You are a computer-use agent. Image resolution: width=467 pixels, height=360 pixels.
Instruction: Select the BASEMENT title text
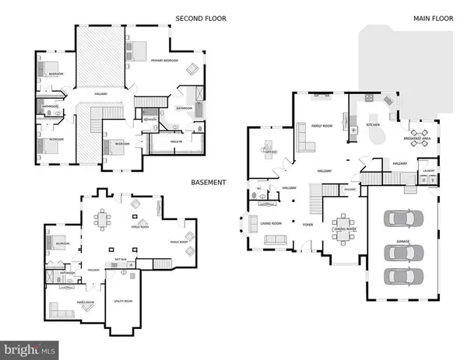[208, 183]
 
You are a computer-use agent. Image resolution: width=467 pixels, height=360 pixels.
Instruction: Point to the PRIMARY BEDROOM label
[164, 61]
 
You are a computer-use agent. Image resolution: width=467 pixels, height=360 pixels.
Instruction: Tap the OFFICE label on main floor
[269, 152]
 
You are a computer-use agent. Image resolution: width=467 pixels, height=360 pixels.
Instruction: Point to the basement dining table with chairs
[101, 220]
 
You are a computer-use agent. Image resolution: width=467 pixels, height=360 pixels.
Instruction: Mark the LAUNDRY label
[427, 170]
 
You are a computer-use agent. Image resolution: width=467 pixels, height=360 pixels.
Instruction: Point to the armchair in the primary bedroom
[192, 69]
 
